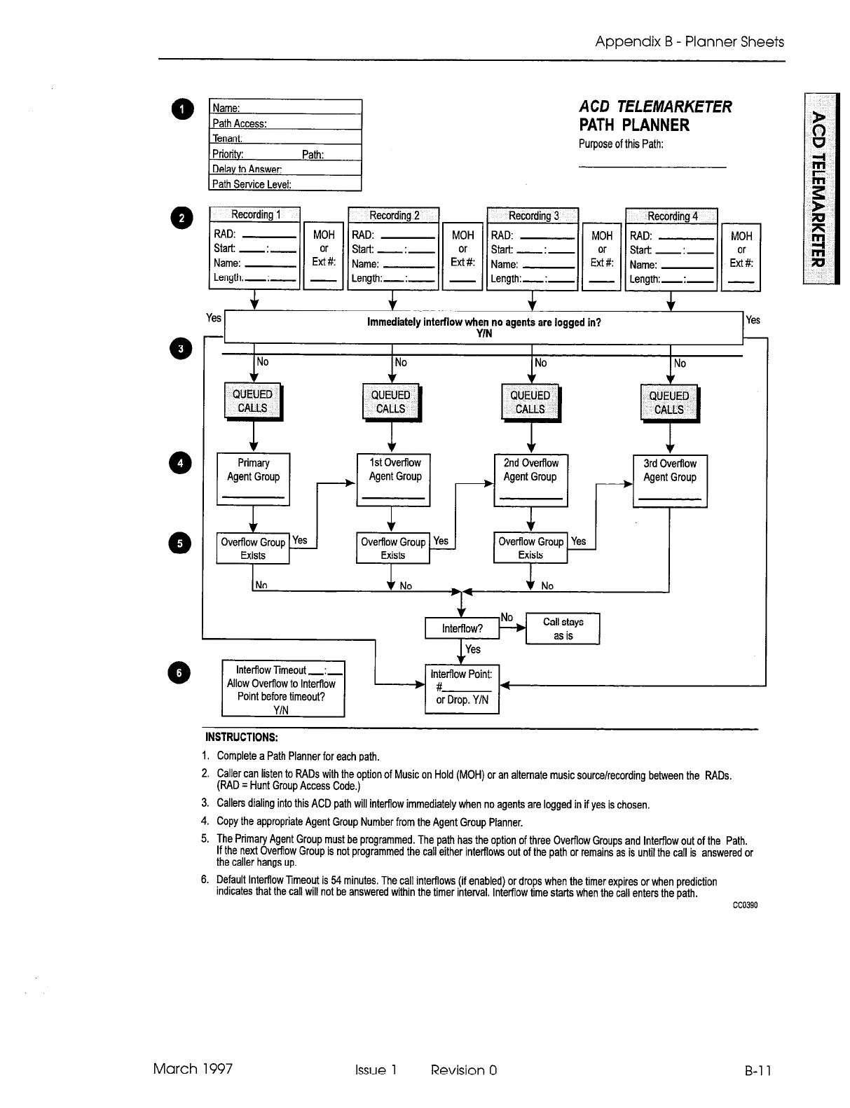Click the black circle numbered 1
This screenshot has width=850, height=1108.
181,111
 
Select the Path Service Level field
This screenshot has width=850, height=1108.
285,184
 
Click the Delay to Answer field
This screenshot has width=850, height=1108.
285,169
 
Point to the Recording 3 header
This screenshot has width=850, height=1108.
533,216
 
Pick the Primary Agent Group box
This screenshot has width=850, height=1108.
253,479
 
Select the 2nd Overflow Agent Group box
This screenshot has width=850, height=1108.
530,480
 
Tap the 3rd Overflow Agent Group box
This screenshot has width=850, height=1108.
670,480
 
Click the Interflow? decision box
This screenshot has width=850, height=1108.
462,628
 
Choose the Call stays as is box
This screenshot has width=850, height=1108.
563,628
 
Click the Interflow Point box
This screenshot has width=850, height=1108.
462,688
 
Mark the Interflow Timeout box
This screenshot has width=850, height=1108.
282,689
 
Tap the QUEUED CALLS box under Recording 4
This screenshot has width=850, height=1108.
669,403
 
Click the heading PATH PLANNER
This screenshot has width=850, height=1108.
634,125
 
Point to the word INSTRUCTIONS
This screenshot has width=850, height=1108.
241,737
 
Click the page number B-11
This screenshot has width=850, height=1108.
758,1070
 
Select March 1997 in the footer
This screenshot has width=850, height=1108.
193,1068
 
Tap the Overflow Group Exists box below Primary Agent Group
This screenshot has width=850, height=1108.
253,548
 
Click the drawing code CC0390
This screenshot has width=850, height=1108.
745,904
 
